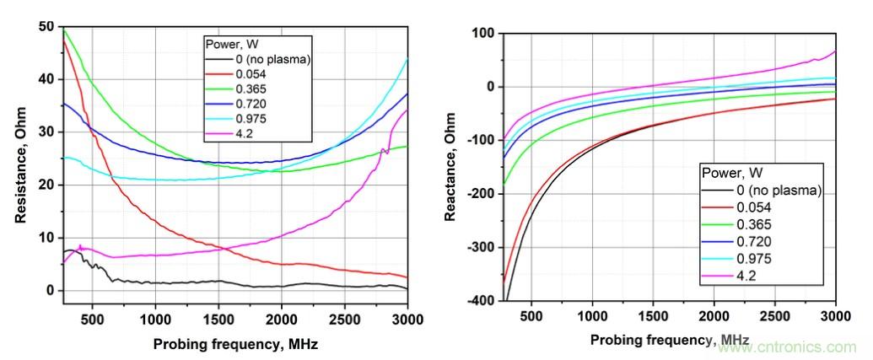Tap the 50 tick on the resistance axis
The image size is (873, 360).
pos(47,26)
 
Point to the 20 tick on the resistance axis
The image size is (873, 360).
pos(47,185)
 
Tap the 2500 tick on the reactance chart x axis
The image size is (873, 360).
pos(774,317)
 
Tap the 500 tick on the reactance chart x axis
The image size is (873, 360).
pos(531,317)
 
